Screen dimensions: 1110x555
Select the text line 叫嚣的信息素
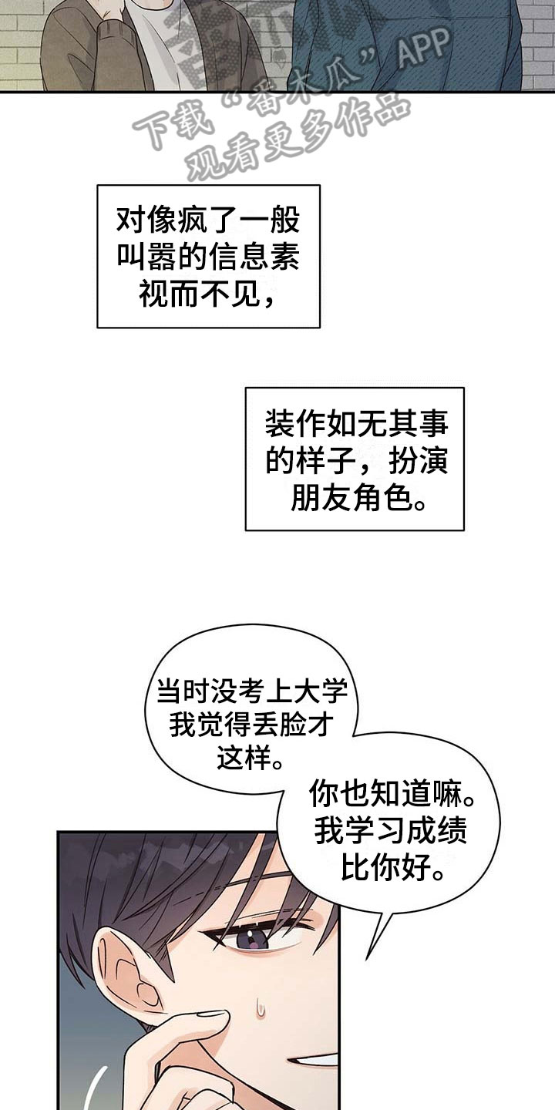(207, 257)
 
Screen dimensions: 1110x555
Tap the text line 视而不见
(207, 293)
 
